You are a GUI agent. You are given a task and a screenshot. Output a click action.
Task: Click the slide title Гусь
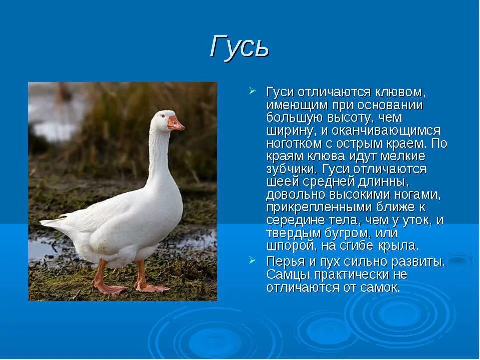(239, 47)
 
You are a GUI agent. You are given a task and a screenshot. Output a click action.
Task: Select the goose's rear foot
(110, 288)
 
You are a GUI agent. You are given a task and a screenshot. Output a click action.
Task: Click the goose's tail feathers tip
(45, 222)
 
